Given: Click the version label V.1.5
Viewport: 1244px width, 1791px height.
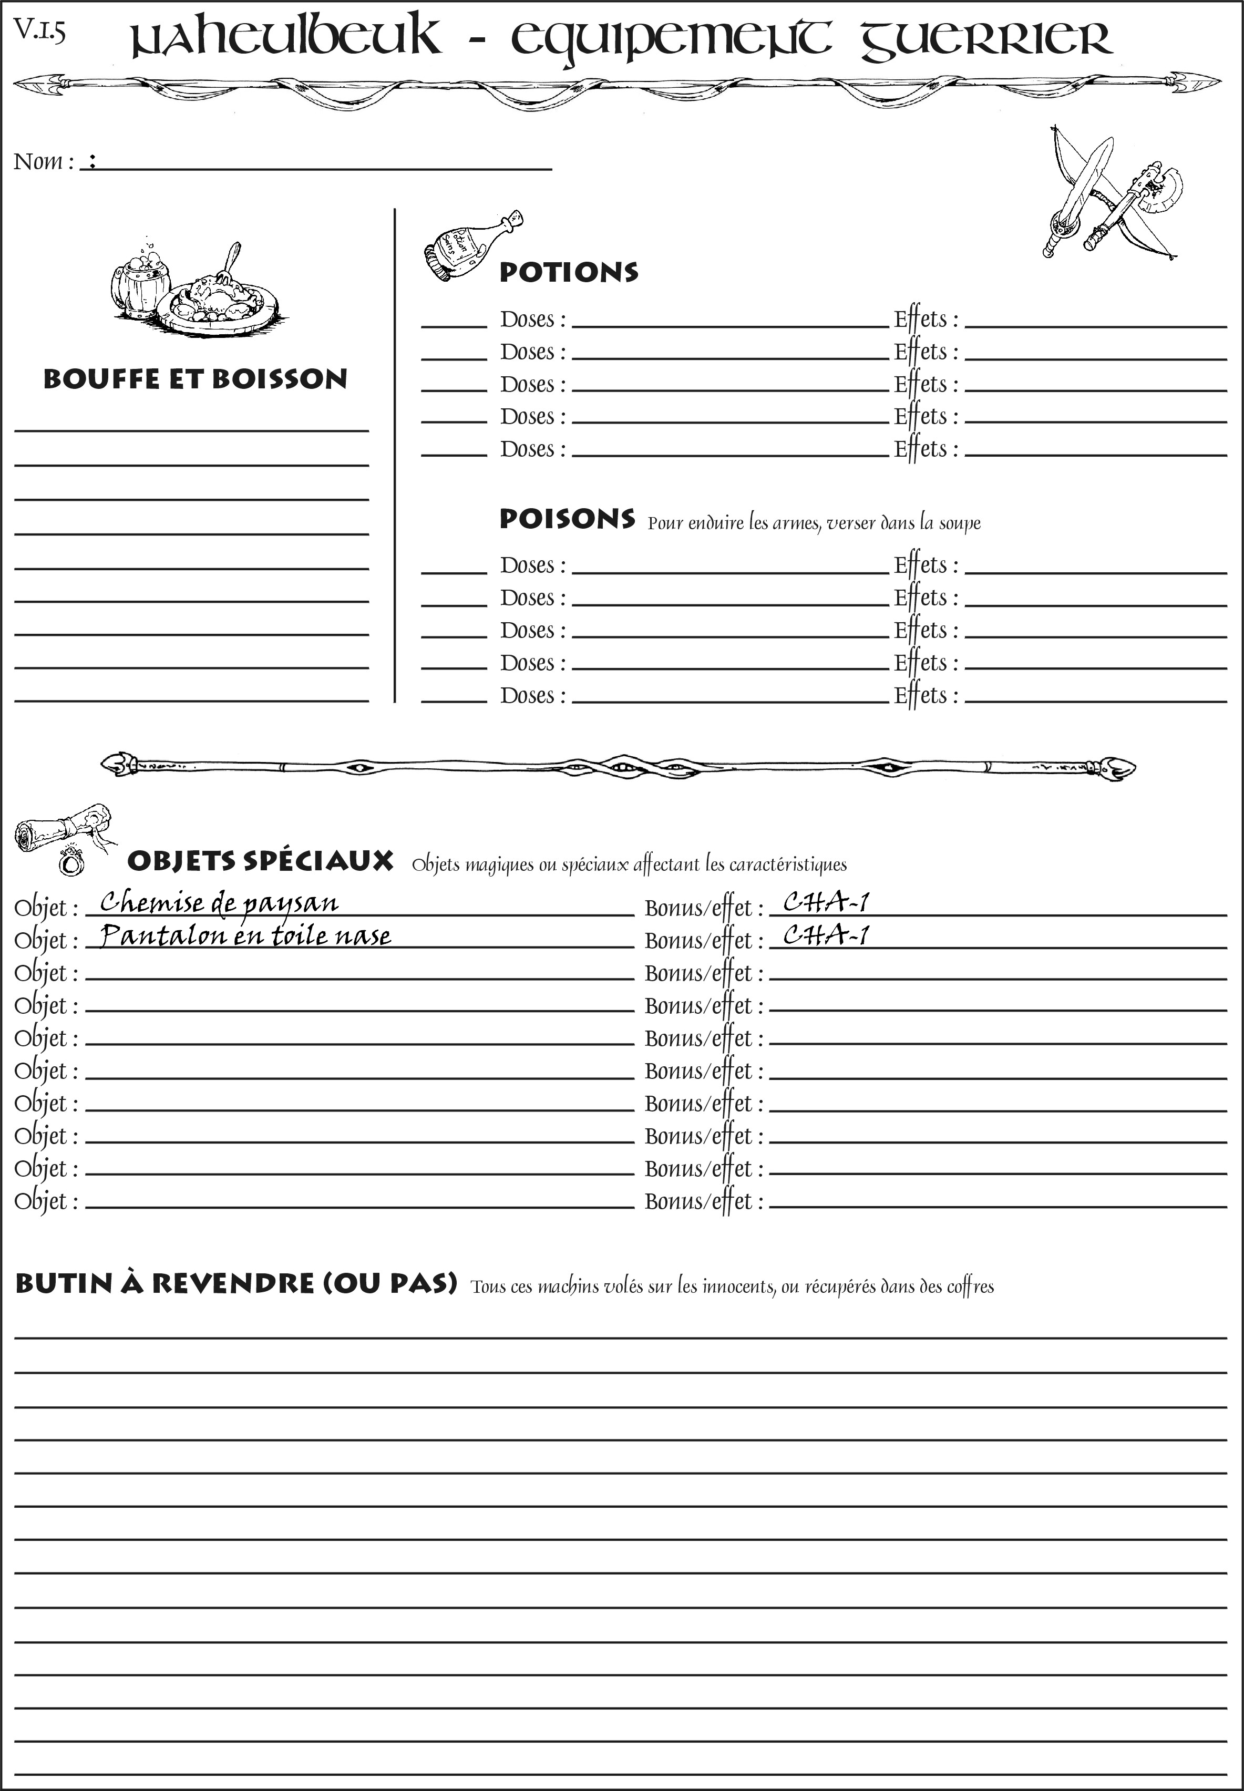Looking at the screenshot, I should [x=39, y=31].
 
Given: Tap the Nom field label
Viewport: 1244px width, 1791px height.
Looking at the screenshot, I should [x=44, y=161].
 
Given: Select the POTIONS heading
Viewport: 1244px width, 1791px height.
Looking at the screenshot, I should [x=568, y=272].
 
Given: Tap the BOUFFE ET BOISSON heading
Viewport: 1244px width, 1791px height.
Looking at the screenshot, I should [x=195, y=379].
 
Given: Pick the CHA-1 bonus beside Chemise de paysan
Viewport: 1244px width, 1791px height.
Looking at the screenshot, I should [x=826, y=902].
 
